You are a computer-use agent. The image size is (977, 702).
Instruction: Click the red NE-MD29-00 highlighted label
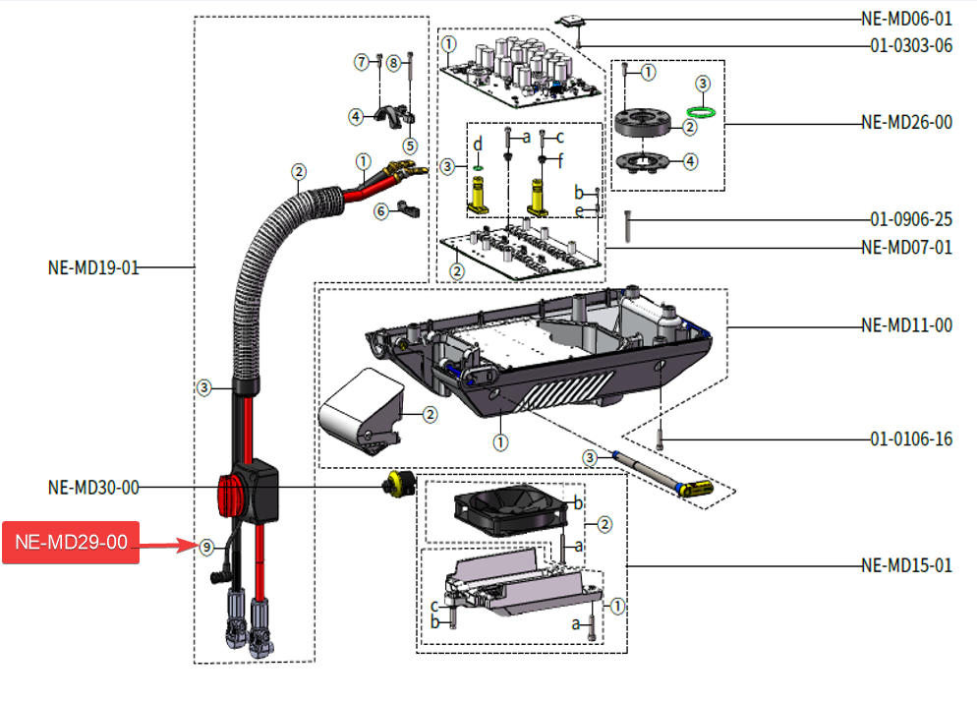(x=71, y=543)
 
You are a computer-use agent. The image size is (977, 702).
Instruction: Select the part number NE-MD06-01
(x=906, y=19)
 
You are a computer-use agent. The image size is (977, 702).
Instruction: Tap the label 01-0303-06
(x=910, y=46)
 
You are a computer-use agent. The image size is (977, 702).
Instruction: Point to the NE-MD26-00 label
(x=906, y=123)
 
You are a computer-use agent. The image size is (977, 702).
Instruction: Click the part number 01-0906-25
(x=910, y=219)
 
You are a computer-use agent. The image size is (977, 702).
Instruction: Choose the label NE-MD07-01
(x=906, y=247)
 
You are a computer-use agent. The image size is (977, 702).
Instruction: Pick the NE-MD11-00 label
(x=906, y=325)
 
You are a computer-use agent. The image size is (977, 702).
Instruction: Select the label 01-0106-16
(x=910, y=439)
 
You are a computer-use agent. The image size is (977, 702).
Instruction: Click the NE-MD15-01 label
(x=906, y=565)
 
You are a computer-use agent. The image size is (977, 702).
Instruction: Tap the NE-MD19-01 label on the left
(x=93, y=266)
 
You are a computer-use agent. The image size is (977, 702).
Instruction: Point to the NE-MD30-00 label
(x=93, y=487)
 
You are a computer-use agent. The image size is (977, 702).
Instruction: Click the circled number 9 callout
(x=205, y=547)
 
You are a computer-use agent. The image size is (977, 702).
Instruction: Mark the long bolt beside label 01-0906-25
(x=628, y=227)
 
